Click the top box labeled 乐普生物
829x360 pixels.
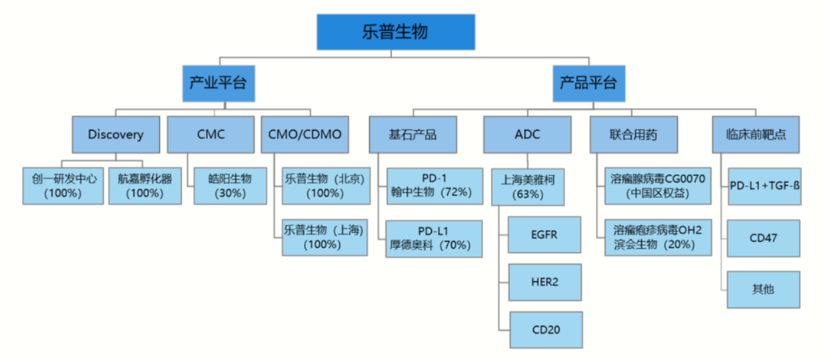click(x=396, y=32)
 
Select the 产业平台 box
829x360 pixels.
click(x=218, y=83)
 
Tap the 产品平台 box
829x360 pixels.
click(x=588, y=83)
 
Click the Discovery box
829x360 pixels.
click(x=116, y=134)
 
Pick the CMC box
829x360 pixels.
click(x=211, y=134)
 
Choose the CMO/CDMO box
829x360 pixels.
click(x=305, y=134)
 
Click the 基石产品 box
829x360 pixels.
click(x=413, y=134)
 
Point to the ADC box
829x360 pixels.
click(x=527, y=134)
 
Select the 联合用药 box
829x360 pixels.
click(x=634, y=134)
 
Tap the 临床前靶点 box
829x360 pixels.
click(x=756, y=134)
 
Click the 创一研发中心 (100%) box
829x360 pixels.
click(x=63, y=186)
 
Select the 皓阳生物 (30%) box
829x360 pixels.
click(x=230, y=186)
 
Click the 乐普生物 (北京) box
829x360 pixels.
click(x=325, y=186)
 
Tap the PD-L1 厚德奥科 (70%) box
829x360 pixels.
click(x=434, y=238)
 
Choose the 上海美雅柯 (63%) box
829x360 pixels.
click(x=528, y=186)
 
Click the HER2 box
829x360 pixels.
click(x=545, y=282)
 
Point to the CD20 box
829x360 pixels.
click(x=545, y=329)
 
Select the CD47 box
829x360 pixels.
click(x=763, y=238)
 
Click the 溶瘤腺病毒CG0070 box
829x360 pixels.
click(x=658, y=186)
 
